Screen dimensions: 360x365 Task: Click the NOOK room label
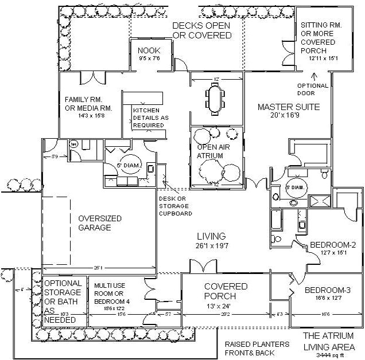[148, 50]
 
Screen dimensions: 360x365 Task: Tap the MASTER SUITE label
[288, 107]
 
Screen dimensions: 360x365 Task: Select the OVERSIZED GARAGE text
[95, 222]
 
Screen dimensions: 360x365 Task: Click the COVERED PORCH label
[226, 291]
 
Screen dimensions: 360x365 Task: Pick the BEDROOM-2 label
[333, 245]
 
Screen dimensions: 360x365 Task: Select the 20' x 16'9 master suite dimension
[288, 115]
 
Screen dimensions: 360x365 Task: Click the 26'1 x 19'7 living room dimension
[211, 245]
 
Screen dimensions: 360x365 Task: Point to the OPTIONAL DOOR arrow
[313, 75]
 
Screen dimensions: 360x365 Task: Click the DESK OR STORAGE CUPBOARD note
[172, 206]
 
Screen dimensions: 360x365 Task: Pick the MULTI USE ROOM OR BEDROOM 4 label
[111, 292]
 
